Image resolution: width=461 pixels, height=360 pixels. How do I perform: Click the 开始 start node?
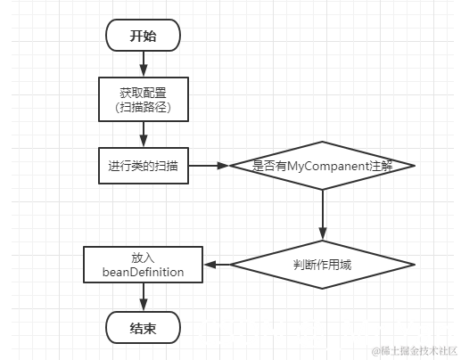(x=143, y=36)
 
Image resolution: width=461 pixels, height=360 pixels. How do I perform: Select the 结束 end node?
(x=143, y=328)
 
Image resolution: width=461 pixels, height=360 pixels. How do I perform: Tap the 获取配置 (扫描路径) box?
(x=143, y=99)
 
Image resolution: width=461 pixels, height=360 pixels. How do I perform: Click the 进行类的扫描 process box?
(x=143, y=166)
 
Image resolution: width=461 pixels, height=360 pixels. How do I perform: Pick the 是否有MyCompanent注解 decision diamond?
(x=322, y=166)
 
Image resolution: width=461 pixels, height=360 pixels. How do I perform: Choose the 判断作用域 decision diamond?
(x=322, y=264)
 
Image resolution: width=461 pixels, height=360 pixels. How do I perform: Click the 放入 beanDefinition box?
(x=143, y=264)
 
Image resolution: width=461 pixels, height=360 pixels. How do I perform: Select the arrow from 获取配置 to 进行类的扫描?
(x=143, y=134)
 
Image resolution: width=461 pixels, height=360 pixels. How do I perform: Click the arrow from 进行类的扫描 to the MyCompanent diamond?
(x=209, y=166)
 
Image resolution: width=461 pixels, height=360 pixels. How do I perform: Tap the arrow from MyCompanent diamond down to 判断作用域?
(x=322, y=214)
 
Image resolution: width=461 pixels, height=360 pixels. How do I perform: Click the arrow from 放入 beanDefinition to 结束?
(x=143, y=297)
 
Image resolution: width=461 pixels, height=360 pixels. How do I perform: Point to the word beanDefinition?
(x=143, y=272)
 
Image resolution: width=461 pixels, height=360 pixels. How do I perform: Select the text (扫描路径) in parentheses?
(x=143, y=107)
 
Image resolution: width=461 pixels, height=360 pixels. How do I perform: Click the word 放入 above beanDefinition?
(x=143, y=257)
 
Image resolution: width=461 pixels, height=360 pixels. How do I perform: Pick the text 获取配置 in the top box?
(x=143, y=91)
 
